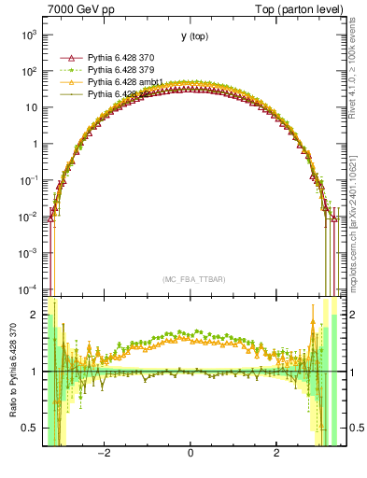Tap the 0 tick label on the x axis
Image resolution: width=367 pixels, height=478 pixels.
(191, 455)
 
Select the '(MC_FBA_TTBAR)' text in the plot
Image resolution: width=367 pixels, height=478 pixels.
(191, 279)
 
